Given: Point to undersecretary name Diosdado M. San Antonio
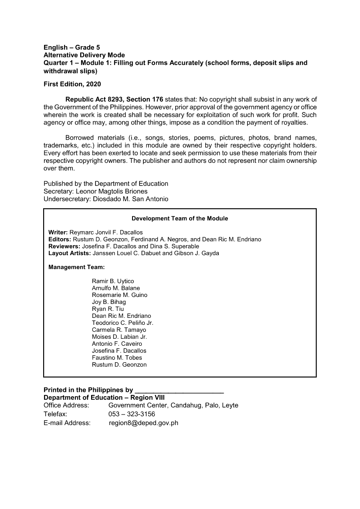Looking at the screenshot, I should (131, 199).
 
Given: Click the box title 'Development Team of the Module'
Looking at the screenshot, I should (180, 218).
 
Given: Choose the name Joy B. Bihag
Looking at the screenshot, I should (109, 302).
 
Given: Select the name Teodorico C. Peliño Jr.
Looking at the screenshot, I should (122, 323).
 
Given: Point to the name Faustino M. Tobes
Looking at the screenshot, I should (117, 357).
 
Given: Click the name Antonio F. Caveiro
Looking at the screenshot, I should (117, 344).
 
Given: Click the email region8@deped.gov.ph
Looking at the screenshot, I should (143, 422).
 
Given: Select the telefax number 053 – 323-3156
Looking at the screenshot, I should (132, 414).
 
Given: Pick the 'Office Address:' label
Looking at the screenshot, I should (66, 405).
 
